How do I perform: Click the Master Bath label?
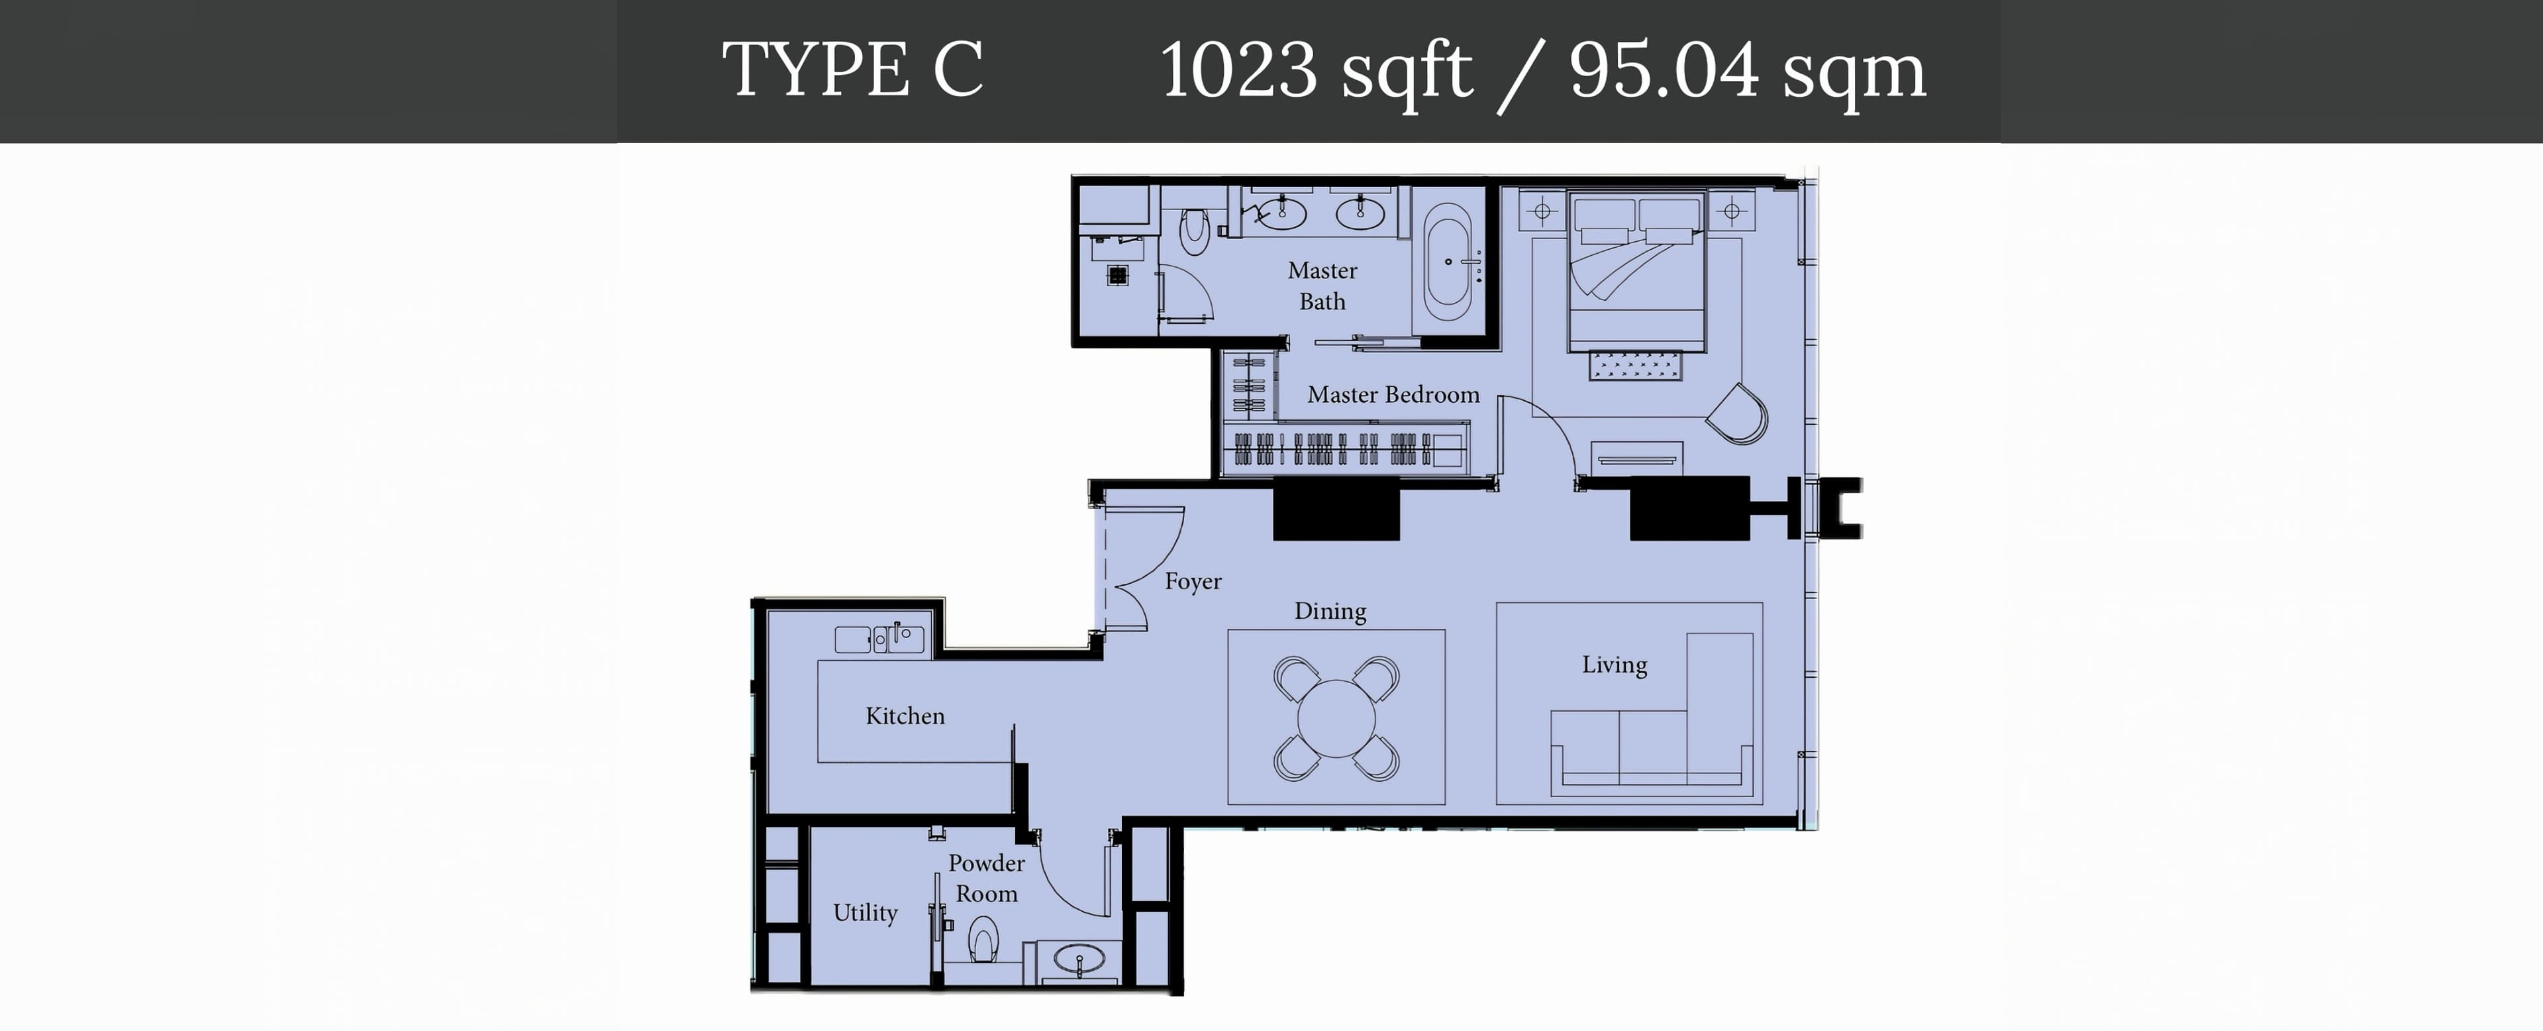point(1322,286)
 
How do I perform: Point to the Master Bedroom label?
point(1393,395)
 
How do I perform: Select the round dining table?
point(1336,718)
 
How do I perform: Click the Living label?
point(1614,665)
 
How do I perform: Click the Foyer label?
point(1193,582)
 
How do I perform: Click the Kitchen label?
point(904,716)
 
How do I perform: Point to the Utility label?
point(865,912)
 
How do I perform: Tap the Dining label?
point(1330,612)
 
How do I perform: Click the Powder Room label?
point(986,878)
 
